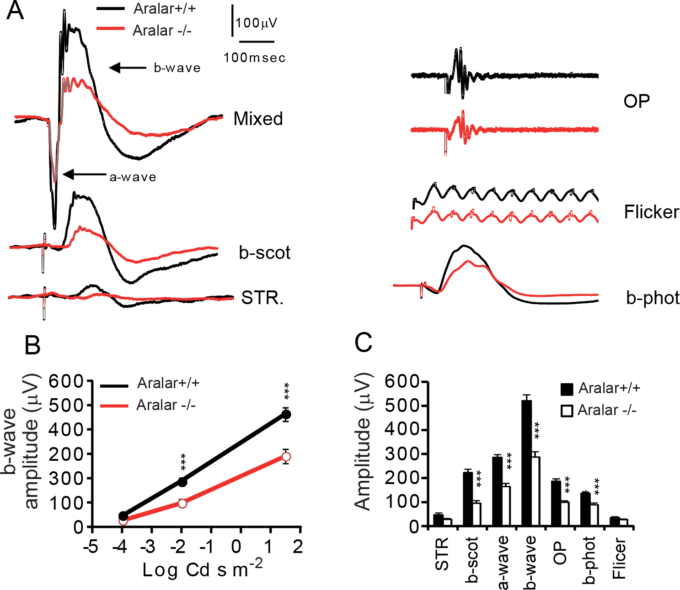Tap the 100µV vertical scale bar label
pyautogui.click(x=256, y=23)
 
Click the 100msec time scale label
pyautogui.click(x=254, y=58)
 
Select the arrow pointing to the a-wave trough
pyautogui.click(x=84, y=174)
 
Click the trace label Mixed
pyautogui.click(x=258, y=119)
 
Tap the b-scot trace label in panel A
pyautogui.click(x=264, y=253)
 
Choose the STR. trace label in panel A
pyautogui.click(x=262, y=298)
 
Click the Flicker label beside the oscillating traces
pyautogui.click(x=651, y=212)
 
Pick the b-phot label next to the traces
pyautogui.click(x=653, y=298)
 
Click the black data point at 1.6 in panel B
pyautogui.click(x=286, y=415)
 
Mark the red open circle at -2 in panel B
pyautogui.click(x=182, y=503)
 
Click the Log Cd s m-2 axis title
pyautogui.click(x=202, y=569)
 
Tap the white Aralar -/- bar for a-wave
pyautogui.click(x=506, y=506)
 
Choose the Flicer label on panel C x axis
pyautogui.click(x=619, y=558)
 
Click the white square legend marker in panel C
pyautogui.click(x=567, y=411)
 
